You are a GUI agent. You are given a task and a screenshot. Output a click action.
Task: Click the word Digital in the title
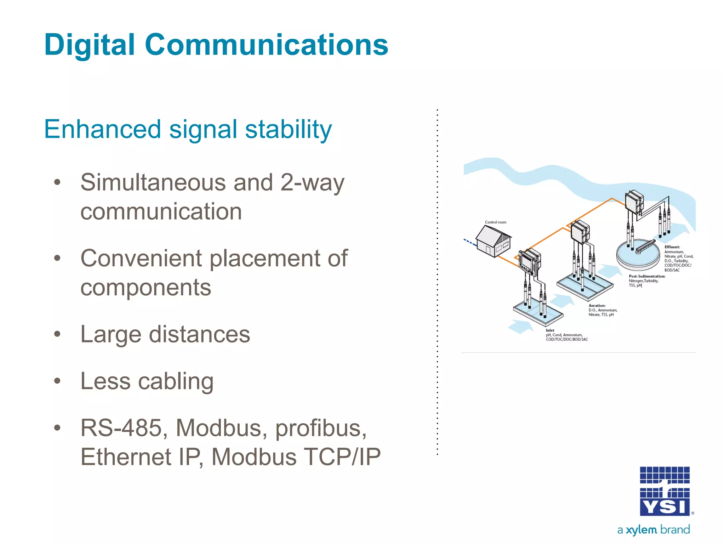pyautogui.click(x=90, y=45)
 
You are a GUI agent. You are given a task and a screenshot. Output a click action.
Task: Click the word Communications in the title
pyautogui.click(x=266, y=45)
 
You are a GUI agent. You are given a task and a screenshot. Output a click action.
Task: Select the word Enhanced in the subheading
pyautogui.click(x=102, y=129)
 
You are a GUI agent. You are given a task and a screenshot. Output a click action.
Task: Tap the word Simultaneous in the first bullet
pyautogui.click(x=153, y=183)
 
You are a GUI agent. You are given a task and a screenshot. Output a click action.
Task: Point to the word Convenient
pyautogui.click(x=141, y=258)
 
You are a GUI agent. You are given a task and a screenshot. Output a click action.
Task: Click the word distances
pyautogui.click(x=199, y=334)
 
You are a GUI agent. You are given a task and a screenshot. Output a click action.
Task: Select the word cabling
pyautogui.click(x=176, y=381)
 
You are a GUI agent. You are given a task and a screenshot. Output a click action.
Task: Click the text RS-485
pyautogui.click(x=121, y=428)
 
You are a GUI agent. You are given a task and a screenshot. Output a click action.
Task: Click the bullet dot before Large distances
pyautogui.click(x=57, y=334)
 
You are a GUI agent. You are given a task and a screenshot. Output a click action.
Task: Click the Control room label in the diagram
pyautogui.click(x=495, y=222)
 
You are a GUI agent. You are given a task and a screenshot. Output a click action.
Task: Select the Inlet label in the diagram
pyautogui.click(x=550, y=330)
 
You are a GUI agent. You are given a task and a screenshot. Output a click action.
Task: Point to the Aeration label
pyautogui.click(x=597, y=305)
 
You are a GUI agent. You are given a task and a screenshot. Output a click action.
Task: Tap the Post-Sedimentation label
pyautogui.click(x=647, y=276)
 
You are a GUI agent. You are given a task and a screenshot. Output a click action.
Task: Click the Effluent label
pyautogui.click(x=672, y=247)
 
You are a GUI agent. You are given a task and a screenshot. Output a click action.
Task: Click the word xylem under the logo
pyautogui.click(x=641, y=530)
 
